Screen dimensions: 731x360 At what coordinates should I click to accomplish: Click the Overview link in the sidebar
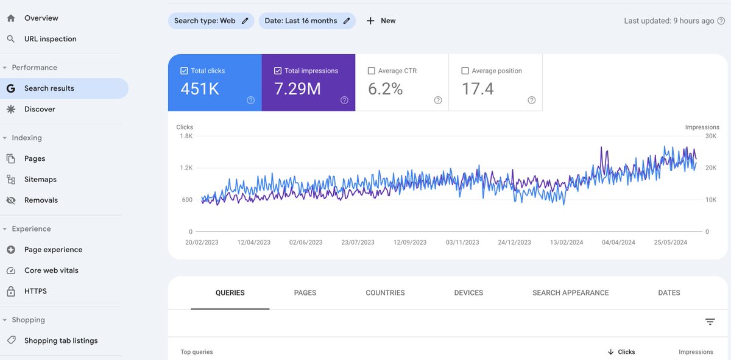point(41,18)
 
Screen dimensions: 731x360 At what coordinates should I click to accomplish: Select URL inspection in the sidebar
point(50,39)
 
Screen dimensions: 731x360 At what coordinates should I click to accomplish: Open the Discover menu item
point(40,109)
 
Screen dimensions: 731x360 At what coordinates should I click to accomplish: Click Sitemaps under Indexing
point(40,179)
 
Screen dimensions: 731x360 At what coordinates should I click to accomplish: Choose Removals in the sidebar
point(41,200)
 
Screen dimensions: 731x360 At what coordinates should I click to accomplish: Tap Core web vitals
point(51,270)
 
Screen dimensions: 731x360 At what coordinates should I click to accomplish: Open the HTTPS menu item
point(35,291)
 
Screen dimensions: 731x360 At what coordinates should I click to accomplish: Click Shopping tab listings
point(61,341)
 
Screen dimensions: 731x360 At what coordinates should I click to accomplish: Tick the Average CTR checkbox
point(372,71)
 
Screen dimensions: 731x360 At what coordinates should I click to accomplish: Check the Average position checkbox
point(465,71)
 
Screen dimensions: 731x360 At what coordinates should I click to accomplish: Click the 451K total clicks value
point(199,89)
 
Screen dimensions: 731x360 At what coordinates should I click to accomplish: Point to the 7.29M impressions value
point(297,89)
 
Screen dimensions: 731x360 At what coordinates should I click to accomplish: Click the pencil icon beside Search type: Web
point(245,21)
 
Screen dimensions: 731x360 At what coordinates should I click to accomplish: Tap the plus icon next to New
point(370,21)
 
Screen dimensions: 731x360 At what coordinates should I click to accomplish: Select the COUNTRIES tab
point(385,293)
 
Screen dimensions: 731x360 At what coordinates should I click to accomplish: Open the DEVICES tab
point(468,293)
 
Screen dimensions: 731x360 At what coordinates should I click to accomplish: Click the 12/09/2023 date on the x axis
point(410,242)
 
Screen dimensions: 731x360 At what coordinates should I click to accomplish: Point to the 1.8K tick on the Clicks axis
point(186,136)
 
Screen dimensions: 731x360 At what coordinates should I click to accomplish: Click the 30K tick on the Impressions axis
point(711,136)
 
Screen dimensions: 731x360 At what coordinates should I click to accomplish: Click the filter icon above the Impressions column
point(710,322)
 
